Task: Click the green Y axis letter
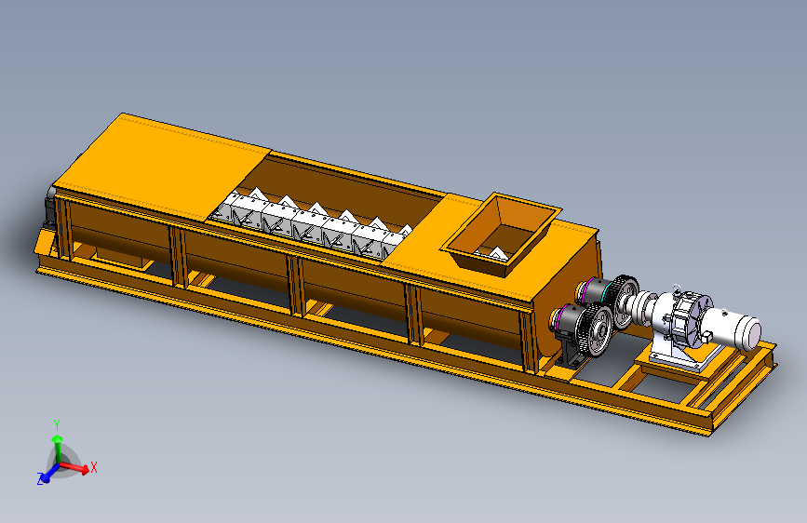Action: [x=57, y=424]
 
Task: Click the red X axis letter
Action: [x=94, y=467]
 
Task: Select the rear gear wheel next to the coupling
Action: [x=625, y=301]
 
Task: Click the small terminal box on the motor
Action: [x=706, y=336]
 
